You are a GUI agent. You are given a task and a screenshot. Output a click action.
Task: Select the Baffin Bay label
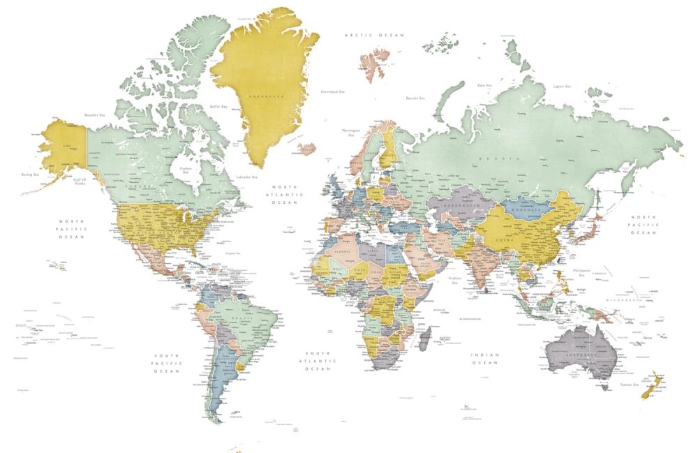click(218, 106)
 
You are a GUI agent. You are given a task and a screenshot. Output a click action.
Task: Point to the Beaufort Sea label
click(94, 114)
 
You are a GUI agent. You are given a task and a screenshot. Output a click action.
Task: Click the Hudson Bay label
click(185, 170)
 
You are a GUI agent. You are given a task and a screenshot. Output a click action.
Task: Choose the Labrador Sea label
click(247, 177)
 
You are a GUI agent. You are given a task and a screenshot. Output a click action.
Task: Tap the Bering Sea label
click(30, 174)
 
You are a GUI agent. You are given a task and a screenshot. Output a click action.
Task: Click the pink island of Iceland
click(308, 148)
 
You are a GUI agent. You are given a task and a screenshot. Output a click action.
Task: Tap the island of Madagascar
click(424, 340)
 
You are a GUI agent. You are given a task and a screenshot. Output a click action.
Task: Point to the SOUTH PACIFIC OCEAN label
click(168, 364)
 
